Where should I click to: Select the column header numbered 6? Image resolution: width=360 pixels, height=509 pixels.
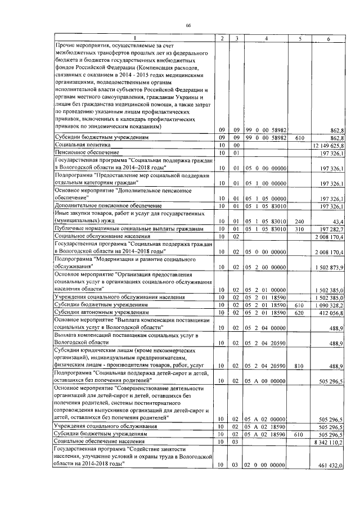(x=328, y=38)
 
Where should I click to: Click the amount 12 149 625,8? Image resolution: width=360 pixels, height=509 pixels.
(x=328, y=145)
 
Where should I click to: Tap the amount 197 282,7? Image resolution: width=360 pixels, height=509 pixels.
(x=332, y=229)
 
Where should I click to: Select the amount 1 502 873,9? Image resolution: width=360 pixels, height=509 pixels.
(x=330, y=267)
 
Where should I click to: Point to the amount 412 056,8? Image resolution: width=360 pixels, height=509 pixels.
(x=332, y=311)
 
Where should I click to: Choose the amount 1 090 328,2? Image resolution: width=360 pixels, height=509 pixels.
(x=330, y=304)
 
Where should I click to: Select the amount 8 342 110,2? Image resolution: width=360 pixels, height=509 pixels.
(x=330, y=442)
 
